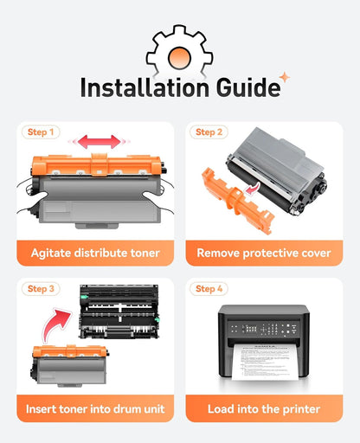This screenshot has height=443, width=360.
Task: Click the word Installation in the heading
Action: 145,87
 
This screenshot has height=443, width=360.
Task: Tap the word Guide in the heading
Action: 248,87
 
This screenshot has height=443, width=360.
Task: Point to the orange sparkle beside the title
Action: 285,77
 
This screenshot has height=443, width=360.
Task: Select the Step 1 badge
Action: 41,132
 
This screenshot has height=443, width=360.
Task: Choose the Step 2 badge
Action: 209,132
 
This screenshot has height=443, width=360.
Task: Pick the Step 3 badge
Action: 41,289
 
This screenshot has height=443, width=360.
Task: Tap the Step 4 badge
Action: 209,289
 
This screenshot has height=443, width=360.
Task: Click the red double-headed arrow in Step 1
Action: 100,142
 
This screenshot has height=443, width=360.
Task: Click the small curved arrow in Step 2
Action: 252,189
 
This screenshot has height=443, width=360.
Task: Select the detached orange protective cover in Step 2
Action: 237,201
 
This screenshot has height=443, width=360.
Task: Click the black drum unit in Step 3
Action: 119,311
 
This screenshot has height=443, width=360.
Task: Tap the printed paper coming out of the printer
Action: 265,362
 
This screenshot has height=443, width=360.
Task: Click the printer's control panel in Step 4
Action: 264,329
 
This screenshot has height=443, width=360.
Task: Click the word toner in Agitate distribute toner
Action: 145,253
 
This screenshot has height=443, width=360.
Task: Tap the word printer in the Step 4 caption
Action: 301,409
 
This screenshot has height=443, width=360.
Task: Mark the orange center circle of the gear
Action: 179,58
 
